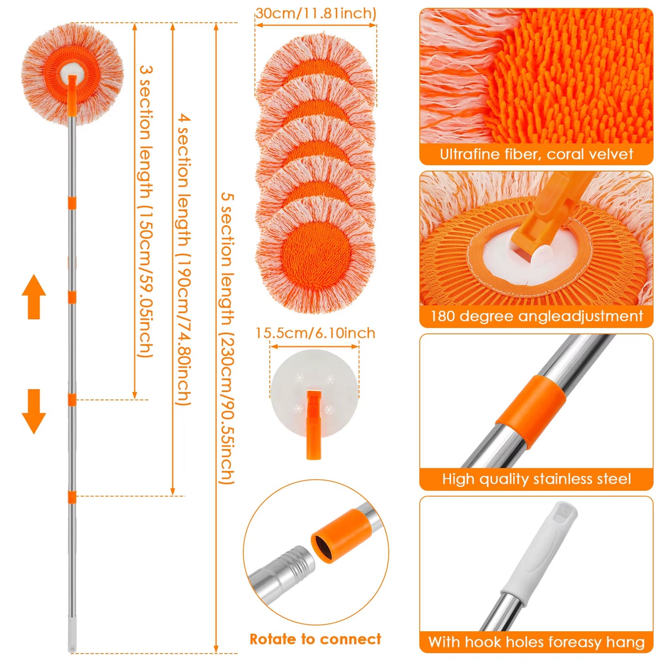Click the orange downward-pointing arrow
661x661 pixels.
point(34,411)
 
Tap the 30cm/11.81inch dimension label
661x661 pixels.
point(316,13)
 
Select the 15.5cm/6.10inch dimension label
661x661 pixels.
point(315,333)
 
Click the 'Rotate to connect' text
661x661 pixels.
point(315,639)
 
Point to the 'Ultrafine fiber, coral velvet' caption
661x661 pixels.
point(536,154)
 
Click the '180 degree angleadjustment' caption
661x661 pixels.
point(536,316)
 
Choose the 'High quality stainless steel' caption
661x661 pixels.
point(536,479)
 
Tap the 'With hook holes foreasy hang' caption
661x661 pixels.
point(536,642)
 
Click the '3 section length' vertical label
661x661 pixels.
point(145,210)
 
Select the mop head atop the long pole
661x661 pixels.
point(72,74)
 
